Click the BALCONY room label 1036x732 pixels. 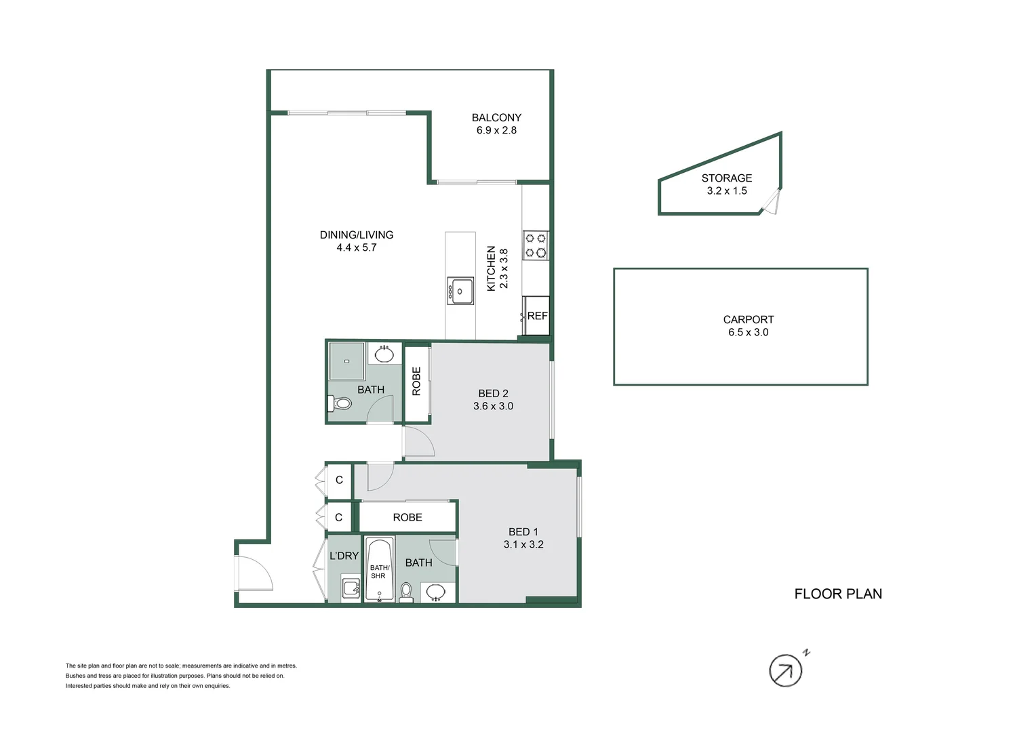click(x=496, y=117)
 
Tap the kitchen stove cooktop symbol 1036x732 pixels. click(x=536, y=245)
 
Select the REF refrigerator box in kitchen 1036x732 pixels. click(x=536, y=316)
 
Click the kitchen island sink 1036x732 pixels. click(x=460, y=291)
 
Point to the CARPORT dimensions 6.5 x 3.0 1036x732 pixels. click(x=748, y=332)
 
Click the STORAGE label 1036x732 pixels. click(x=726, y=178)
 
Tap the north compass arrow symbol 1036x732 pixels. click(x=786, y=671)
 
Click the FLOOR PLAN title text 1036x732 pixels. click(x=837, y=594)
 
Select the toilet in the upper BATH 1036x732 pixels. click(x=340, y=404)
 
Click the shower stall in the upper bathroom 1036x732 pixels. click(x=347, y=362)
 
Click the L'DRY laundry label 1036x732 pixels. click(x=344, y=556)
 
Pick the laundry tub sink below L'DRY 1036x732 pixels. click(x=351, y=588)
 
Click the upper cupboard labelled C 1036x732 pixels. click(x=339, y=480)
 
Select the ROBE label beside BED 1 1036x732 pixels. click(x=407, y=517)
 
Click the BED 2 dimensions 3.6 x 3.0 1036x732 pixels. click(x=493, y=406)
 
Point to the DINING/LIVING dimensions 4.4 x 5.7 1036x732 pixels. click(x=356, y=247)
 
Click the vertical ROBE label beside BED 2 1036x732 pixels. click(x=416, y=381)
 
